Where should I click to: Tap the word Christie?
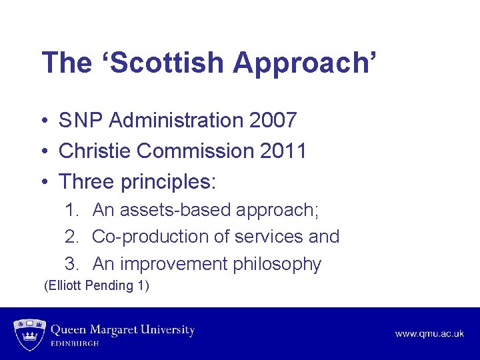tap(95, 151)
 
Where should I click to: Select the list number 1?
tap(71, 210)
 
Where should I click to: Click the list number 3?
tap(71, 264)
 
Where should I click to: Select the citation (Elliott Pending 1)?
tap(96, 286)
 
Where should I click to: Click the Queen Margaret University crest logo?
tap(27, 334)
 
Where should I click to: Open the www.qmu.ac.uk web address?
tap(429, 333)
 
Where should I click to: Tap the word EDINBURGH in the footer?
tap(75, 343)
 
